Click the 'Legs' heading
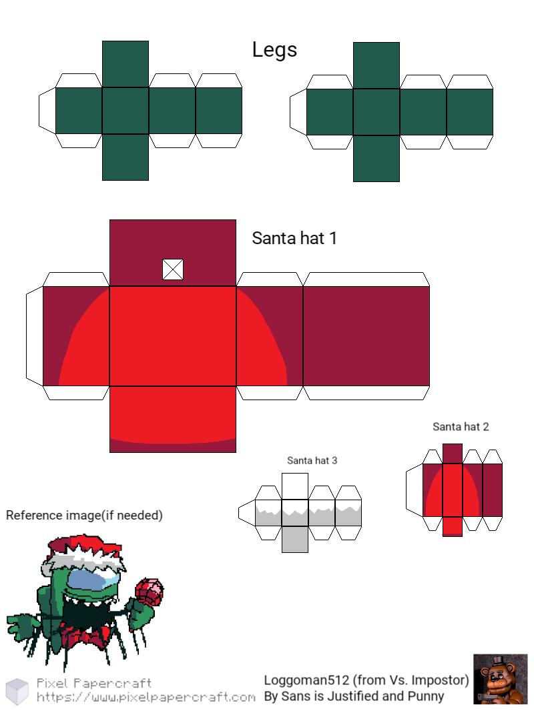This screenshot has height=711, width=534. point(274,50)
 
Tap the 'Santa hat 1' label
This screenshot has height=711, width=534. point(294,238)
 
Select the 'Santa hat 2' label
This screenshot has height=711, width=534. point(461,427)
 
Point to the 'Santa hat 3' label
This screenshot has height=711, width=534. point(312,461)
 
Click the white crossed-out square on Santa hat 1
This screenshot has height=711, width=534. point(173,269)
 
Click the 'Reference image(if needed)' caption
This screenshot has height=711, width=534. point(84,516)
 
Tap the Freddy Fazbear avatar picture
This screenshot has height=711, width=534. point(501,679)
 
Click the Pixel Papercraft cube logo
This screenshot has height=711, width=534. point(17,691)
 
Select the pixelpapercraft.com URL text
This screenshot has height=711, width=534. point(146,697)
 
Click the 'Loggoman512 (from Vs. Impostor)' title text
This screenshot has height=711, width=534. point(366,680)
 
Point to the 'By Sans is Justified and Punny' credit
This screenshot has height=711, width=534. point(354,696)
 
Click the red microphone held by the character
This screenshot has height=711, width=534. point(150,592)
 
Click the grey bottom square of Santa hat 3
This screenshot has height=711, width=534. point(295,539)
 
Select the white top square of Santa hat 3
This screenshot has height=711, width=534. point(295,486)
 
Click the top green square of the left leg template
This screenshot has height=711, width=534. point(125,65)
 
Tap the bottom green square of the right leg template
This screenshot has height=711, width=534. point(376,158)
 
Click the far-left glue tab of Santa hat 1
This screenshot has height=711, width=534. point(35,336)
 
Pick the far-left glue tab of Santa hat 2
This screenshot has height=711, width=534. point(415,490)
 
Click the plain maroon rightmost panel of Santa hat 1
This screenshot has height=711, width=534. point(366,336)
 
